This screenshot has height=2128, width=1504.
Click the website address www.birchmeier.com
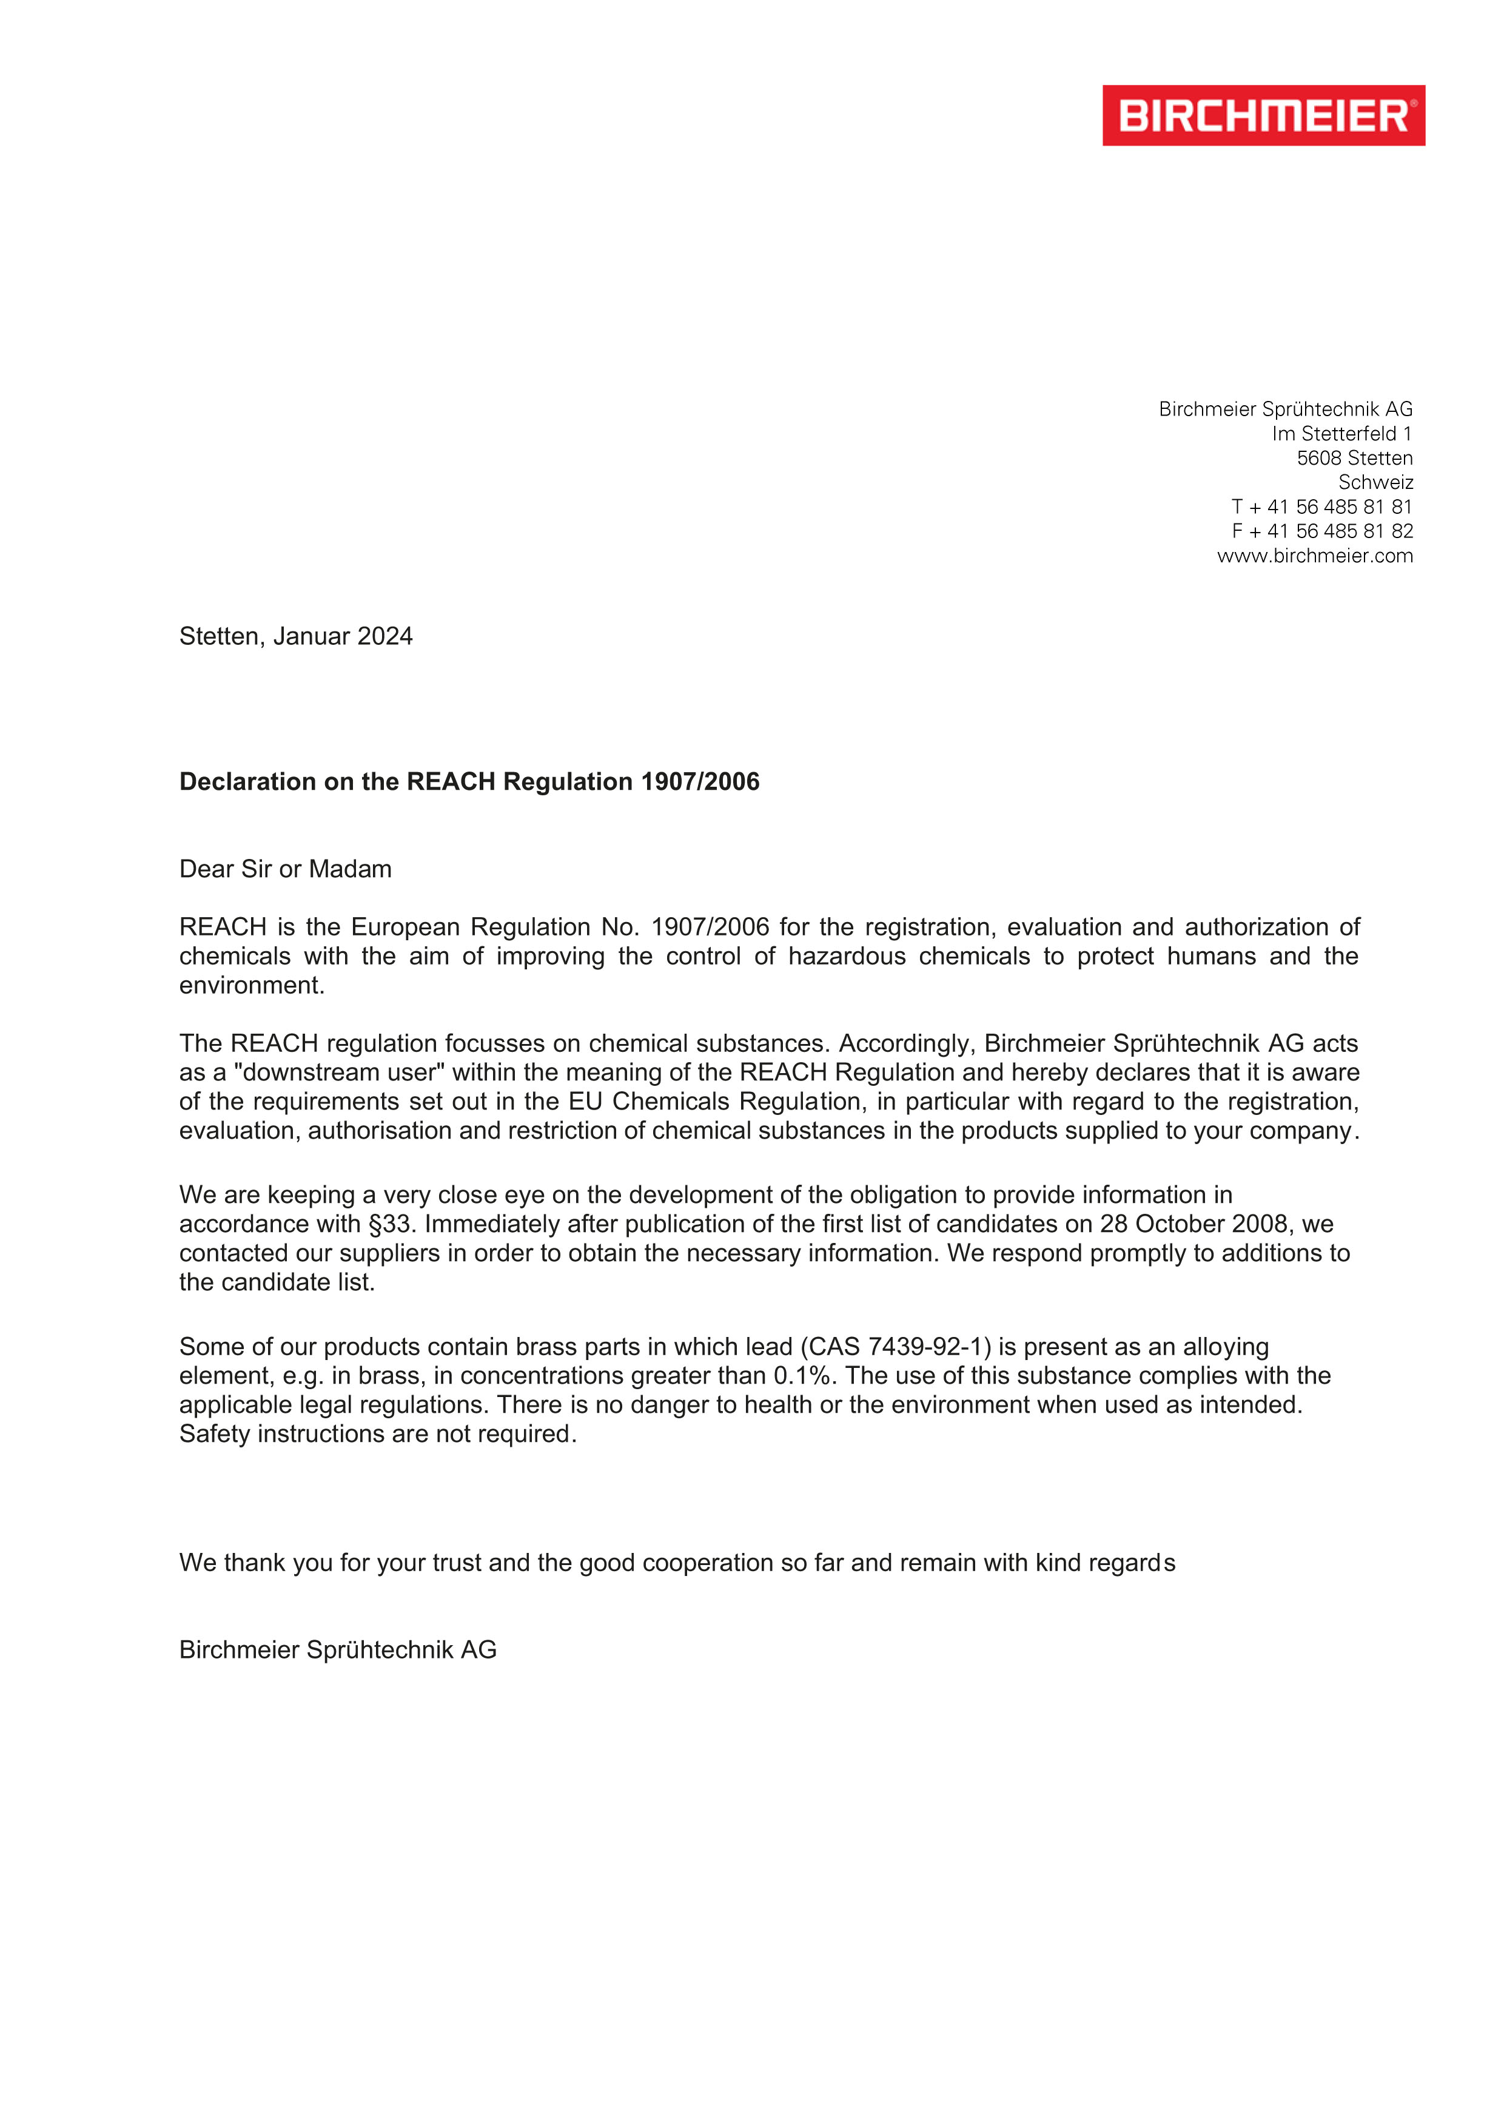1314,556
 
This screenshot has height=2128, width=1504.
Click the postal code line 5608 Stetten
1354,458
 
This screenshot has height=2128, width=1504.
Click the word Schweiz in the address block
1375,482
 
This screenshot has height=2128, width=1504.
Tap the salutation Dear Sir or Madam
286,869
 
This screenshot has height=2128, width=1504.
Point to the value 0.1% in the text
801,1375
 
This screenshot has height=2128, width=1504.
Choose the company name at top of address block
1284,409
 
